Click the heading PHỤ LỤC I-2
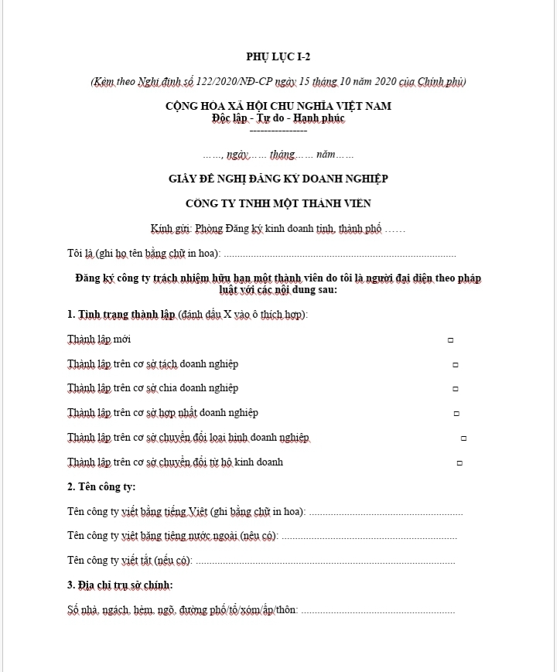(278, 56)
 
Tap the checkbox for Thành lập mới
(450, 340)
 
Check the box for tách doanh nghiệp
(455, 364)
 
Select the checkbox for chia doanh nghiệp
(455, 389)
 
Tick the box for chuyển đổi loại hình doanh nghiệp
(463, 438)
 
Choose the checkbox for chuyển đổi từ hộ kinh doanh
(460, 463)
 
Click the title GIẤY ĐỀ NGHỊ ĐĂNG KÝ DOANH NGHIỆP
(278, 179)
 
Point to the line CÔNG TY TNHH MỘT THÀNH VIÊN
(278, 203)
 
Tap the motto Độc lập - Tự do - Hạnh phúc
(278, 118)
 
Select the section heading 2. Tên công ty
(101, 486)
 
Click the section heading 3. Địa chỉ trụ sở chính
(120, 585)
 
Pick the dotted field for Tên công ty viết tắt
(325, 561)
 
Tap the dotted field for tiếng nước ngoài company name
(368, 536)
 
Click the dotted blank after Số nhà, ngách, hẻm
(377, 610)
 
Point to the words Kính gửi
(171, 229)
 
